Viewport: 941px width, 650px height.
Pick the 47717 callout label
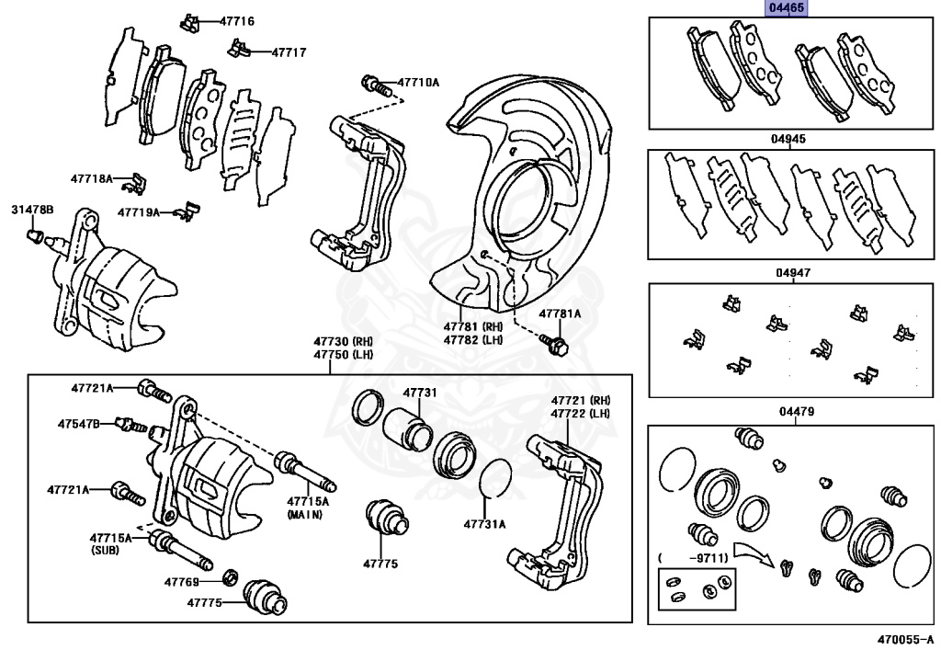(x=289, y=52)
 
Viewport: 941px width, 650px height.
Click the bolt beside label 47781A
(x=555, y=342)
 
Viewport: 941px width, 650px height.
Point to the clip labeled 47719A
(x=187, y=211)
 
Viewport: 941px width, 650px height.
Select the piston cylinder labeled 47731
(x=409, y=428)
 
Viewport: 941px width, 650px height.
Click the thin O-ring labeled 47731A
(x=493, y=478)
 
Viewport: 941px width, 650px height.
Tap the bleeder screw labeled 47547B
(x=128, y=425)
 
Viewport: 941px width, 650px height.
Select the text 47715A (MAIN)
(x=306, y=507)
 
